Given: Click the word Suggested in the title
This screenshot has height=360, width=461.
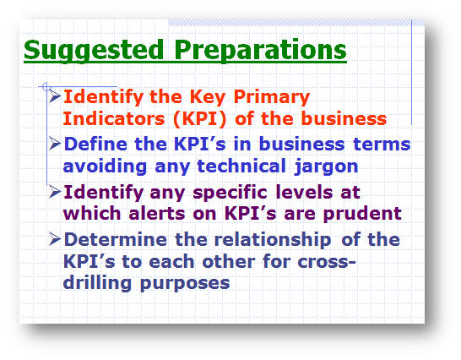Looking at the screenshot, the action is click(x=94, y=51).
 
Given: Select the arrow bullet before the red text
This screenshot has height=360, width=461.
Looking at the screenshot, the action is click(x=55, y=96).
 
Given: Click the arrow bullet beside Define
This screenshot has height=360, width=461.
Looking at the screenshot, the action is click(x=55, y=144).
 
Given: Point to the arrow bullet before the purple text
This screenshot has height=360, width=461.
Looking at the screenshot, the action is click(x=55, y=192).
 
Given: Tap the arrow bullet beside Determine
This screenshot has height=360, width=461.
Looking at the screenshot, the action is click(x=55, y=238).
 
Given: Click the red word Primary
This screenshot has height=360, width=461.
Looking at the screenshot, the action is click(x=272, y=97).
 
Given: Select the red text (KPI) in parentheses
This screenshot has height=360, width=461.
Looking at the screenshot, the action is click(x=200, y=119).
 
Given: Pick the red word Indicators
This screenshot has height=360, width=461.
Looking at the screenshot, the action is click(x=114, y=118).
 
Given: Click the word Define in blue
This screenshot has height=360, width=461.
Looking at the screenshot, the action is click(x=95, y=145).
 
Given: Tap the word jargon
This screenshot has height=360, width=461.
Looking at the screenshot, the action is click(x=327, y=166).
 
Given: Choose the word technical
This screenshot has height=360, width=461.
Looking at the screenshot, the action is click(x=241, y=166).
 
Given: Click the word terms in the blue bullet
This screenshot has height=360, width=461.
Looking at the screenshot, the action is click(x=382, y=145).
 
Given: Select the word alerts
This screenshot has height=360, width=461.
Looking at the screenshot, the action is click(x=157, y=214).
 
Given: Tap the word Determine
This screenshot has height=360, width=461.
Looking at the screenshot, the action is click(x=116, y=239).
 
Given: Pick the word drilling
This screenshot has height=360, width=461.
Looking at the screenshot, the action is click(x=97, y=284).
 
